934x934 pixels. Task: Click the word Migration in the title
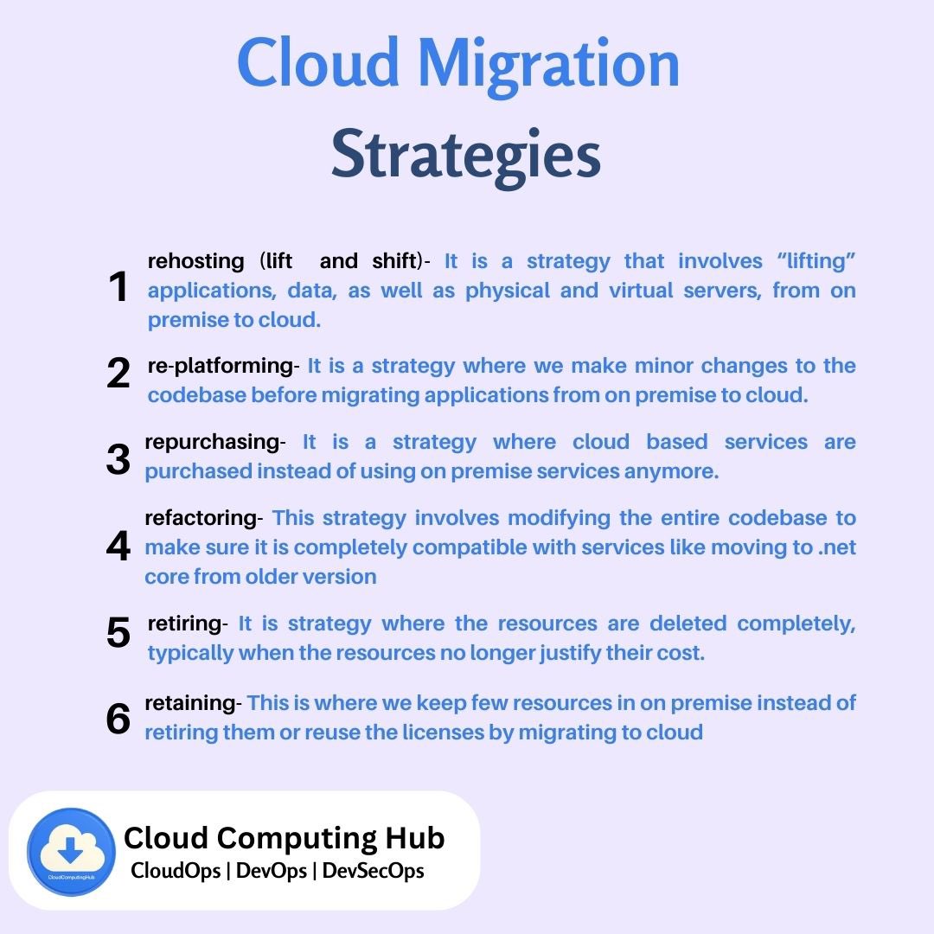click(548, 66)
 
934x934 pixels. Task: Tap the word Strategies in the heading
click(466, 156)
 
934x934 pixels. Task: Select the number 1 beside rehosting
click(118, 288)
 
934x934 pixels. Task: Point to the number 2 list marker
click(118, 374)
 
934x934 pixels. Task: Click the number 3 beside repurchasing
click(118, 460)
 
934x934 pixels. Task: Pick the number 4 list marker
click(118, 547)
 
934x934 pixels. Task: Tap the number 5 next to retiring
click(118, 633)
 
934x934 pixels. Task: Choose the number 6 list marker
click(118, 720)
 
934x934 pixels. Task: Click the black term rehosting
click(196, 261)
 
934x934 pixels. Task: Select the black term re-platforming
click(221, 366)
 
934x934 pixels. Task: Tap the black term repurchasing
click(210, 442)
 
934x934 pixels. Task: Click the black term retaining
click(189, 703)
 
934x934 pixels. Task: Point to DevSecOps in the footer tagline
click(373, 871)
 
